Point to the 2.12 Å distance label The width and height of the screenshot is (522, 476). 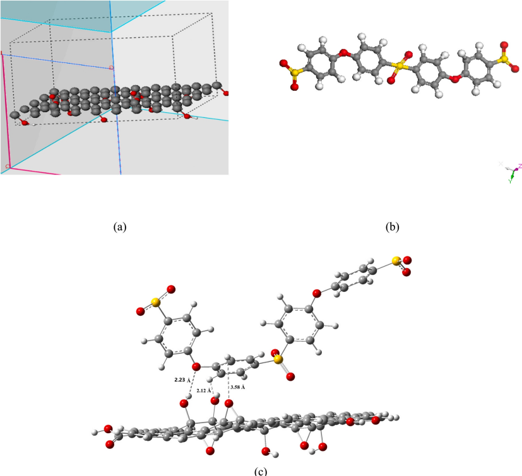(205, 391)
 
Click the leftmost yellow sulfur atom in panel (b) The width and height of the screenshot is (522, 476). (292, 71)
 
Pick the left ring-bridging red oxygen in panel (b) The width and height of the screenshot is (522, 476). (345, 53)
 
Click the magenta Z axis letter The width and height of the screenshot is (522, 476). (519, 166)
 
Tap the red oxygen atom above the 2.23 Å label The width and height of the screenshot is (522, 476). (196, 366)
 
